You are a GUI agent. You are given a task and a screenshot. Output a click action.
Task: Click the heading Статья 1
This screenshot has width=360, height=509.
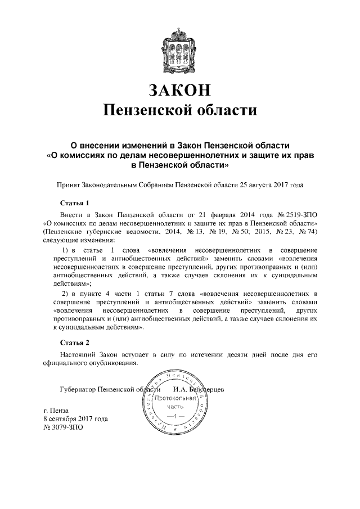(x=74, y=202)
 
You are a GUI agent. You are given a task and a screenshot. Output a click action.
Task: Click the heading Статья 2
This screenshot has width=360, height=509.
(x=74, y=342)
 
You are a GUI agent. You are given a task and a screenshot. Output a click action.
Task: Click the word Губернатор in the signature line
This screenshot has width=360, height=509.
(x=77, y=389)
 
